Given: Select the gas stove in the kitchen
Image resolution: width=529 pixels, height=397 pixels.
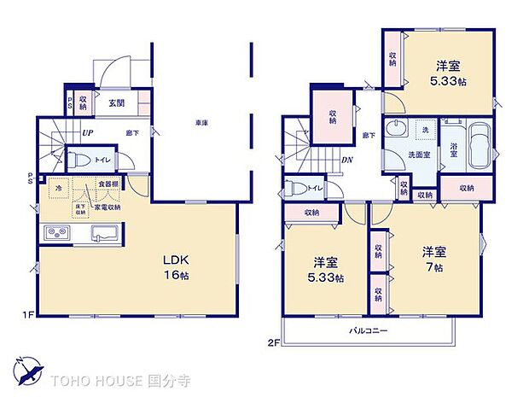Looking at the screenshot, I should pyautogui.click(x=56, y=232).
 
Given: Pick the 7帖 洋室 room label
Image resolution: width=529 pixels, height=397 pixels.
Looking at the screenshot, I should pyautogui.click(x=432, y=260).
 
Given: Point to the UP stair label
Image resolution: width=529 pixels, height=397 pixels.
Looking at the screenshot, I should pyautogui.click(x=87, y=132).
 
